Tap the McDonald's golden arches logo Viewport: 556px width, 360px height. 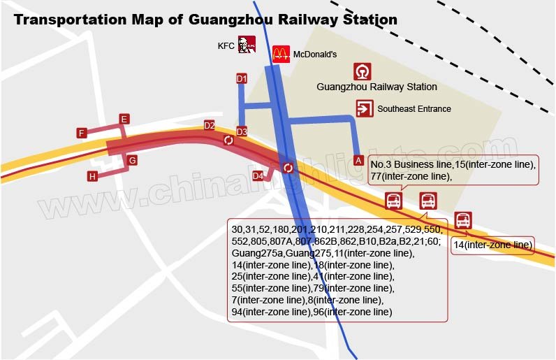click(281, 52)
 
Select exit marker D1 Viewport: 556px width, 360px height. click(242, 79)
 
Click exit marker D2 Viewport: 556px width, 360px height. click(210, 125)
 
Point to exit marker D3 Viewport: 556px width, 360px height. click(242, 131)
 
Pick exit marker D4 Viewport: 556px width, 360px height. click(258, 175)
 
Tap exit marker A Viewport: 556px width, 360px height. click(358, 160)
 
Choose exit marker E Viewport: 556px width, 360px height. click(124, 120)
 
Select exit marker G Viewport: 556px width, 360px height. click(132, 161)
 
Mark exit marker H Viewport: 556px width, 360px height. click(92, 176)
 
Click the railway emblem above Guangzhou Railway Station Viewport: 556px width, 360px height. click(363, 71)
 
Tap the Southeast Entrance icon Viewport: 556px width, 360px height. click(364, 108)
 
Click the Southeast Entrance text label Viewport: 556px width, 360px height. click(414, 109)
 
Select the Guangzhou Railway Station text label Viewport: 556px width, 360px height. click(376, 87)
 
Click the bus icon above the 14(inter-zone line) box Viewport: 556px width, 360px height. click(463, 220)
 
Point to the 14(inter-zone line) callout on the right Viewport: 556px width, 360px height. click(493, 245)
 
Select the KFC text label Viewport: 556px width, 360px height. click(226, 46)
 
